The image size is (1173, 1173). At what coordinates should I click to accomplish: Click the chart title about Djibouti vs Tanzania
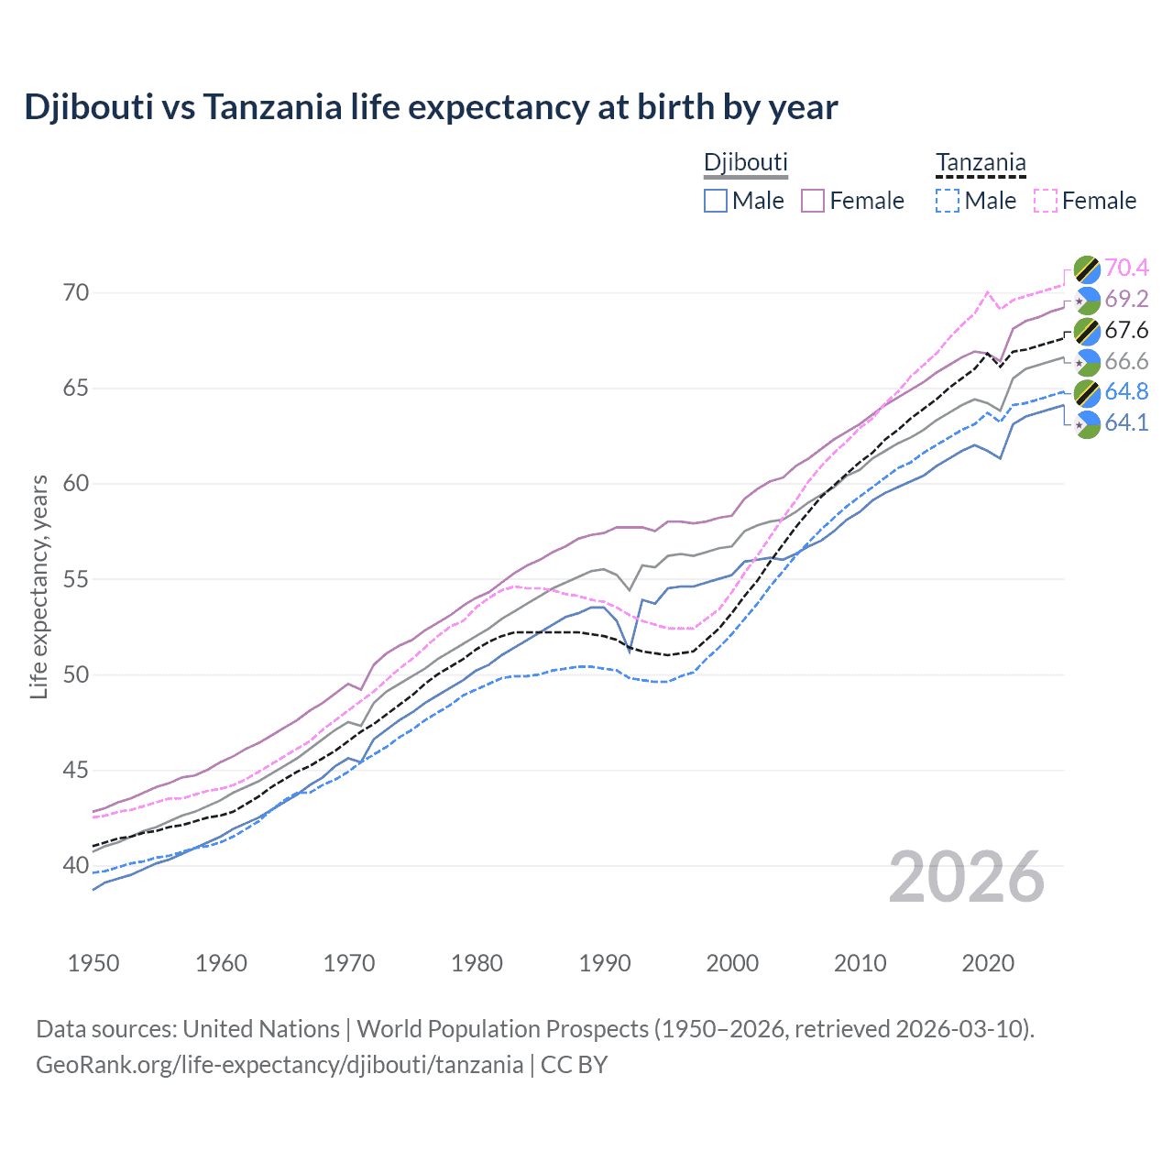click(431, 107)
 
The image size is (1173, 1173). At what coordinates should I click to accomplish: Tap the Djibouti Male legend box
click(716, 201)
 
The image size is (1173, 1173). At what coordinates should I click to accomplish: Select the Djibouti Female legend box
click(814, 201)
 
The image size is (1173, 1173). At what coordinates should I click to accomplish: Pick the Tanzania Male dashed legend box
click(948, 201)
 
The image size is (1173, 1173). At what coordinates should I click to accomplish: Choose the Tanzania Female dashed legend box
click(1046, 201)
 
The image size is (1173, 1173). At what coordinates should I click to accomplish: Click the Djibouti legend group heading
click(745, 162)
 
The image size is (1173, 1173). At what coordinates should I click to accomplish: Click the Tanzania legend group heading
click(981, 162)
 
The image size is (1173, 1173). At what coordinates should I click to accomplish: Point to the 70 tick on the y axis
click(76, 293)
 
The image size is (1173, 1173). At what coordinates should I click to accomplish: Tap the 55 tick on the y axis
click(76, 579)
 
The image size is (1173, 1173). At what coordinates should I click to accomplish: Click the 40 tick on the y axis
click(76, 865)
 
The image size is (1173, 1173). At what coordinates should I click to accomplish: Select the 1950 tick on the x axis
click(93, 963)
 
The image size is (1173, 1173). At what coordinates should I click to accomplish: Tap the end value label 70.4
click(1126, 268)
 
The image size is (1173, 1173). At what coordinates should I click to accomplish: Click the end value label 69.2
click(1126, 299)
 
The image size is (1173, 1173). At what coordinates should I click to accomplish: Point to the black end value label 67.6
click(1126, 330)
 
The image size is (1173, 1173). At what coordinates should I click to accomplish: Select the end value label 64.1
click(1126, 422)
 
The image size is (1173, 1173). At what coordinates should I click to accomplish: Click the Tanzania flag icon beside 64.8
click(1087, 392)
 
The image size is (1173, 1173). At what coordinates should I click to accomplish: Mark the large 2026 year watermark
click(967, 877)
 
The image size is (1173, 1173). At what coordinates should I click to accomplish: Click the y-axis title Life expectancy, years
click(39, 586)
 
